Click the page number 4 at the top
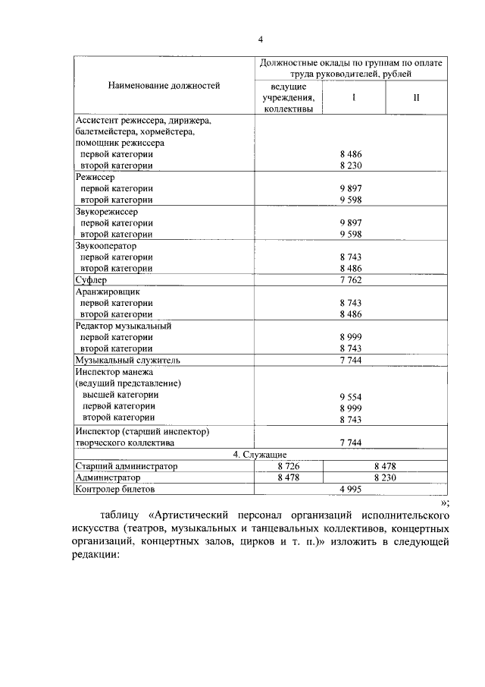[260, 39]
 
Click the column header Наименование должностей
[164, 86]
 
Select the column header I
[353, 98]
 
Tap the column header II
[416, 98]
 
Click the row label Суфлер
[93, 280]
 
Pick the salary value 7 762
[352, 280]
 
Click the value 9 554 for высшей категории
[352, 397]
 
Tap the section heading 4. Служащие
[259, 454]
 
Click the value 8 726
[289, 466]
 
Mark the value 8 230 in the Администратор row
[385, 477]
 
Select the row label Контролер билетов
[116, 490]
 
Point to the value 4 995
[352, 490]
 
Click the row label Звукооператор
[106, 246]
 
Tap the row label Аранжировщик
[108, 292]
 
